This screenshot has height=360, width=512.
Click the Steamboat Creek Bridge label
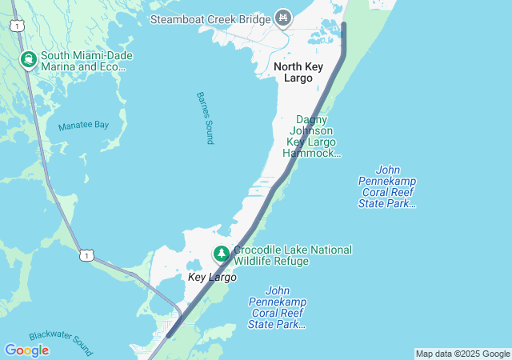210,17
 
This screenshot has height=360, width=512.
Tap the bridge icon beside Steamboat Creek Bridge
282,17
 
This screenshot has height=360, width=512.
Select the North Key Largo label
298,72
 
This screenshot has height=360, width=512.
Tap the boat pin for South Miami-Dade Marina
28,59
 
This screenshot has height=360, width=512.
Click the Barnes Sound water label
205,118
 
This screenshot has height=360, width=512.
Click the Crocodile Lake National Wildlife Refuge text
292,255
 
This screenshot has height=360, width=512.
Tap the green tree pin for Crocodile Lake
221,254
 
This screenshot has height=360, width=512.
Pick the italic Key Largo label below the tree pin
212,277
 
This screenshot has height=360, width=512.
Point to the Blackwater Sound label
61,344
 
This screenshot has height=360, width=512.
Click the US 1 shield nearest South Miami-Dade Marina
17,26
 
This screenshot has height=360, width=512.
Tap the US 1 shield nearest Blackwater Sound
86,254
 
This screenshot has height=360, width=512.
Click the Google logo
26,350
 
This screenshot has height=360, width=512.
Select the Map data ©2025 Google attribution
462,354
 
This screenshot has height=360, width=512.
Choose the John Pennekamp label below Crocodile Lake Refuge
277,307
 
